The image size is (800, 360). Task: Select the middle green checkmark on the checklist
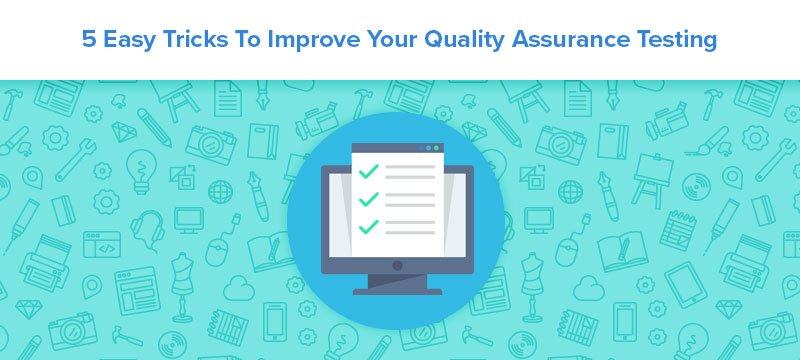pos(367,200)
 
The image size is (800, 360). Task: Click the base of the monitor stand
pos(397,291)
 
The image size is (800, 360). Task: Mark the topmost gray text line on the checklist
pos(410,167)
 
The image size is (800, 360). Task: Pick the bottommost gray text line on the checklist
pos(410,231)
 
